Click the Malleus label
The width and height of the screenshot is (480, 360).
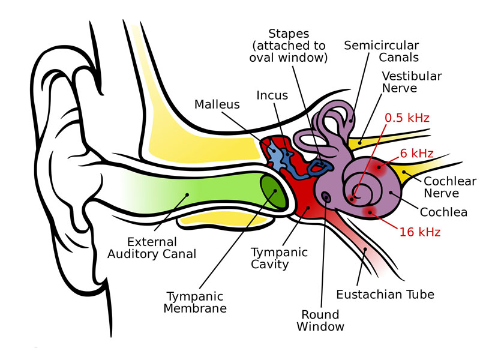[217, 105]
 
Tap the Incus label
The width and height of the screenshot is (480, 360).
[272, 95]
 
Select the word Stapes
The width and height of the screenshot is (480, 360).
[289, 33]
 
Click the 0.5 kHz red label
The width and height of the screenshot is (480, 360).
[407, 118]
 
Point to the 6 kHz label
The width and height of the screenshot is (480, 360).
[416, 154]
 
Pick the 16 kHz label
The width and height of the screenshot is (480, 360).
[420, 232]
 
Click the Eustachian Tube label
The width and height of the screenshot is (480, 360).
[385, 295]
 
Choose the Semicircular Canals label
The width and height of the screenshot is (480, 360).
[382, 52]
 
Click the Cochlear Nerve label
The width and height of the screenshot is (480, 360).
[449, 187]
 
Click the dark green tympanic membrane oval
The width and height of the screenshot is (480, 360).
[274, 191]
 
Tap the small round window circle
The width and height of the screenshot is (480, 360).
[326, 196]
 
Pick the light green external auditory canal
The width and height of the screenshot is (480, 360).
[198, 192]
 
